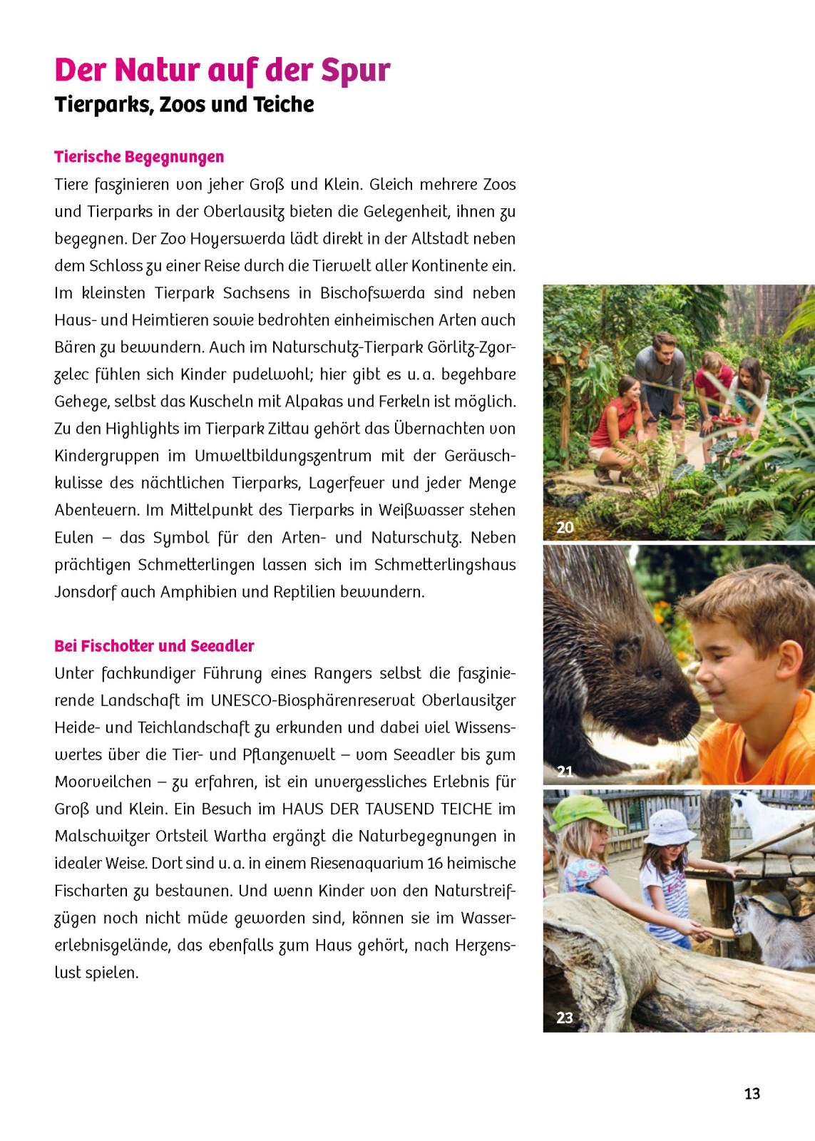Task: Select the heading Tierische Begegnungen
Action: [x=139, y=157]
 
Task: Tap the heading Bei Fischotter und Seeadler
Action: [x=154, y=646]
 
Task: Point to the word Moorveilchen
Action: [x=103, y=782]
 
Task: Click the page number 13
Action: [x=752, y=1093]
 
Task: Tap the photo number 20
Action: [x=565, y=528]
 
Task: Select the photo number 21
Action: [x=565, y=771]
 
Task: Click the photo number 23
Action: [x=565, y=1018]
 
